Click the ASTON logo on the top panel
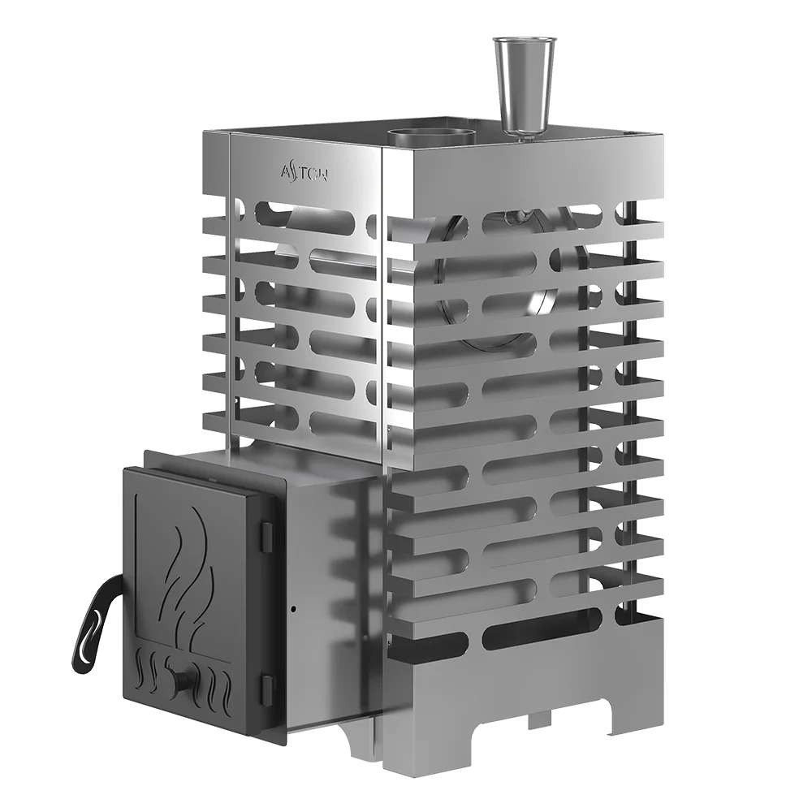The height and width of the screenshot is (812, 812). pos(303,171)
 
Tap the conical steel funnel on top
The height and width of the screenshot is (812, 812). pos(520,81)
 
